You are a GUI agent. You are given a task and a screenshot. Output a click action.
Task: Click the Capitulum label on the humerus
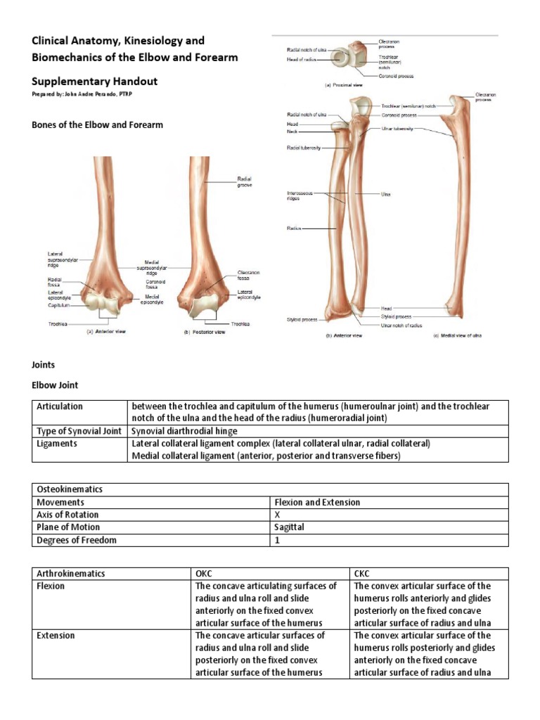(58, 305)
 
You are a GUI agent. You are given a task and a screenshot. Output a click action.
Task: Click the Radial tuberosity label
(304, 148)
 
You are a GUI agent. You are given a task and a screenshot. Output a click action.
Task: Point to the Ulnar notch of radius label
(401, 326)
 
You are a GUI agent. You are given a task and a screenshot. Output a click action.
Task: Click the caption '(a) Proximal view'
(342, 85)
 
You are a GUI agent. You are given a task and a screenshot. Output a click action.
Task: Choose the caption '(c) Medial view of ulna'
(458, 336)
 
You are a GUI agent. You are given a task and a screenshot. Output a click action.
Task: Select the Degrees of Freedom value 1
(277, 540)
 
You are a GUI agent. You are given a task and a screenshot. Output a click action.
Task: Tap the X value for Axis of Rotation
(277, 515)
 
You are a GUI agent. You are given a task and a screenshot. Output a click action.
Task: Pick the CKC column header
(364, 573)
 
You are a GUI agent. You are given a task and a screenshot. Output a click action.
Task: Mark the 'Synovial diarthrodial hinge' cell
(185, 431)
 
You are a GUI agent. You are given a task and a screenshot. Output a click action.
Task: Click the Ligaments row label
(58, 444)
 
